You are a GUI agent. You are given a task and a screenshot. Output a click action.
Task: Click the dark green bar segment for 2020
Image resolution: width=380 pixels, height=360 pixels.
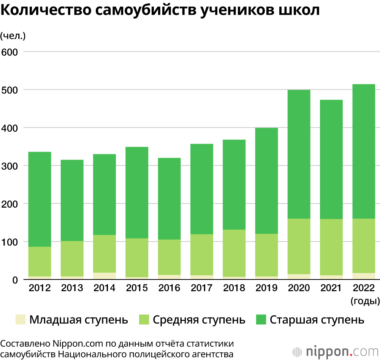[299, 154]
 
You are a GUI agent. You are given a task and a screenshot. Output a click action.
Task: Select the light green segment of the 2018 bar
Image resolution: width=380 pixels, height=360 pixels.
[234, 253]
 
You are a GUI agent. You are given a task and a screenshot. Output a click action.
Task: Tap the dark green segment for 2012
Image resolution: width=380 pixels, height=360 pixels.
[40, 199]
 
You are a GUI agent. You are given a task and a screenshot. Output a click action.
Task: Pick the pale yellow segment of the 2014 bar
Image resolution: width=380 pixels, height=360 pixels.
[104, 276]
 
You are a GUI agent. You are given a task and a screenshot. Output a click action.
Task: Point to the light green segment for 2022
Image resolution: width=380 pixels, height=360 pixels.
[364, 246]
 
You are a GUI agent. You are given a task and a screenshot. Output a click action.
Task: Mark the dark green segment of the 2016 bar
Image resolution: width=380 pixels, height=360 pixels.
[169, 198]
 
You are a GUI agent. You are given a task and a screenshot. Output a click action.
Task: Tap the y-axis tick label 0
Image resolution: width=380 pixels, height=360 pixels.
[16, 280]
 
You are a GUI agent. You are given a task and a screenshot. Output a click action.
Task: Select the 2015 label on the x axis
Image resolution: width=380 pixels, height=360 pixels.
[137, 288]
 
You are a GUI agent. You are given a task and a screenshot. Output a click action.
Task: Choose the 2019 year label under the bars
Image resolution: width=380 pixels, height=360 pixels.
[266, 288]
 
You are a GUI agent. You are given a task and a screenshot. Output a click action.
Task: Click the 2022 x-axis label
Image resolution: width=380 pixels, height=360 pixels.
[364, 288]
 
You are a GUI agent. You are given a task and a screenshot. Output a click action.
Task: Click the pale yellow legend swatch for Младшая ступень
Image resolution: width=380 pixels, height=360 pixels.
[21, 320]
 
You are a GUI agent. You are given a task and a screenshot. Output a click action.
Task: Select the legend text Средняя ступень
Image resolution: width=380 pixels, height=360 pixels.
[199, 320]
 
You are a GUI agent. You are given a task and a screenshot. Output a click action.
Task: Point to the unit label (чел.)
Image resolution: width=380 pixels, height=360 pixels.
[13, 36]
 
